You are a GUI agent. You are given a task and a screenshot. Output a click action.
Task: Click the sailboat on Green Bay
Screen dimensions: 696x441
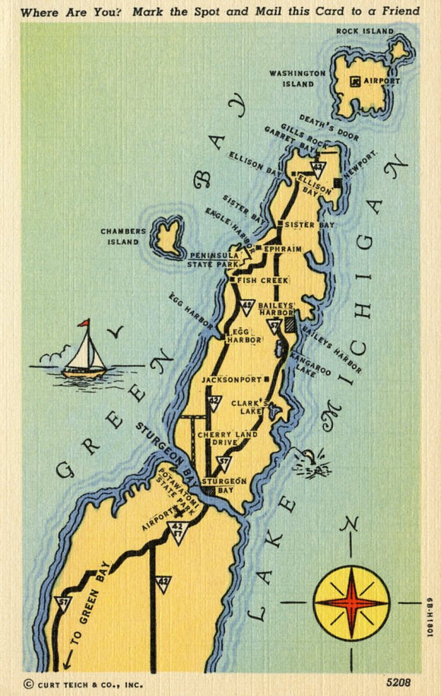click(x=84, y=354)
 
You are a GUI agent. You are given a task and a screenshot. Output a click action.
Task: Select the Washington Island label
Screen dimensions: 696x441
click(x=297, y=78)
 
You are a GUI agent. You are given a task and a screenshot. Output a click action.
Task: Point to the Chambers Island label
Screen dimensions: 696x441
click(x=120, y=237)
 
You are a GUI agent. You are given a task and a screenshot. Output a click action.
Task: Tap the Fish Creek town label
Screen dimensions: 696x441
click(x=263, y=281)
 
